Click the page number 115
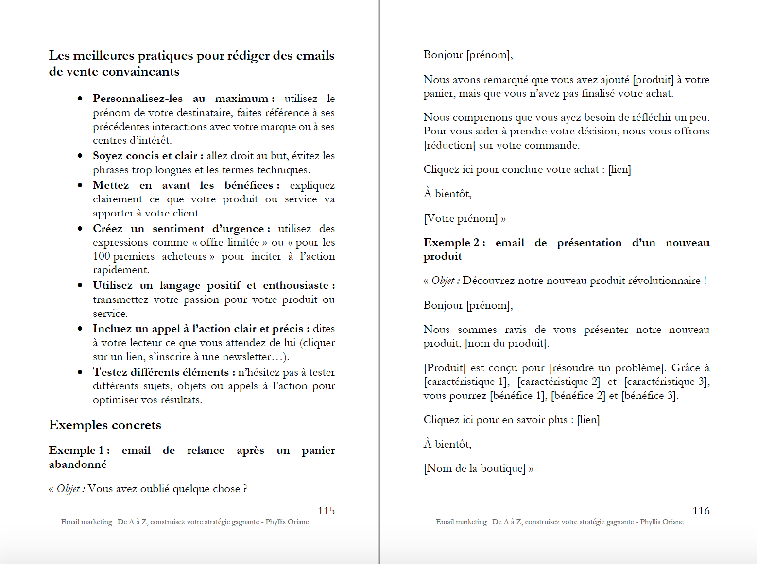point(326,511)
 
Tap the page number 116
point(701,511)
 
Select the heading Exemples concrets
point(105,425)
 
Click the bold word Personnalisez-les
point(138,99)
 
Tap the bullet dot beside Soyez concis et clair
point(80,156)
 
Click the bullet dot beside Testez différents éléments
point(80,372)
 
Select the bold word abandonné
point(78,464)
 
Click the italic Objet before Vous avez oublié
point(68,489)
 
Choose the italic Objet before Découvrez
point(443,281)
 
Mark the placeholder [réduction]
point(449,145)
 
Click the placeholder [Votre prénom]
point(461,218)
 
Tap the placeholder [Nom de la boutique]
point(475,468)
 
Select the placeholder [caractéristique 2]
point(558,382)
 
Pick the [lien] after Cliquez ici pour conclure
point(619,169)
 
